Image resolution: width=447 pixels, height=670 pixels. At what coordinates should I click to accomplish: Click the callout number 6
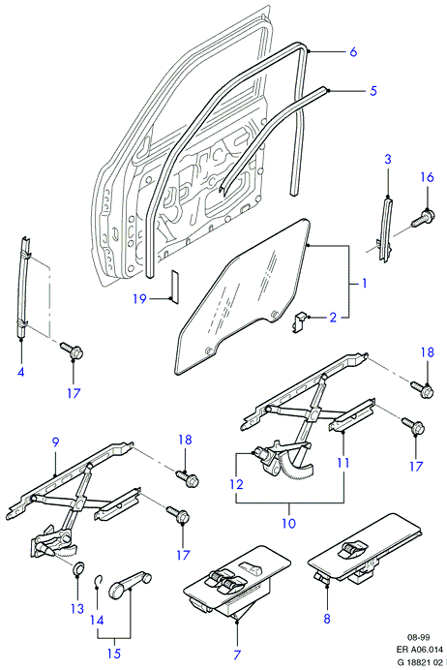(x=353, y=52)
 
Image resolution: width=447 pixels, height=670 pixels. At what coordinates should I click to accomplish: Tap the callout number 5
(x=373, y=91)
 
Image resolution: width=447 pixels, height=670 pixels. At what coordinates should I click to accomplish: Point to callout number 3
(x=388, y=160)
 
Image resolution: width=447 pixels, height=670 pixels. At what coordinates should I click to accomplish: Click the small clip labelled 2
(x=301, y=320)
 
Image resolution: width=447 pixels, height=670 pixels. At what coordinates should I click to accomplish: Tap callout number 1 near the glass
(x=364, y=283)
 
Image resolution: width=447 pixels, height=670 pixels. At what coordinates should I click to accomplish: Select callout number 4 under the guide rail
(x=21, y=372)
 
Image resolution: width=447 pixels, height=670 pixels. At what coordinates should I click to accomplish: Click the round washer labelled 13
(x=77, y=568)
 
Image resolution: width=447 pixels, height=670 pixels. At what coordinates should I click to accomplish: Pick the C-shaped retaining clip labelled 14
(x=99, y=580)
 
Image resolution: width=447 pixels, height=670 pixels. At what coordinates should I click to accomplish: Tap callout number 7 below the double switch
(x=237, y=655)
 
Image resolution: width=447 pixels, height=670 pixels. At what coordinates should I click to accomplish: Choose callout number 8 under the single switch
(x=327, y=619)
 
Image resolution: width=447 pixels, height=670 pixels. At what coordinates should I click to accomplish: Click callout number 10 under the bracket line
(x=289, y=523)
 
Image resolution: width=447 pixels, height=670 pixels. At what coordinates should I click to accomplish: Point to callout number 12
(x=236, y=484)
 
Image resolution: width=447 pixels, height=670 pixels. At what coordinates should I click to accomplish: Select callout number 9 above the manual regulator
(x=55, y=443)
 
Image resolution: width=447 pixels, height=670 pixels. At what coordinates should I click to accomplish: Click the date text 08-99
(x=418, y=637)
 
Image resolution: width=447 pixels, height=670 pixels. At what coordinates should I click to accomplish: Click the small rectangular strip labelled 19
(x=174, y=285)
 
